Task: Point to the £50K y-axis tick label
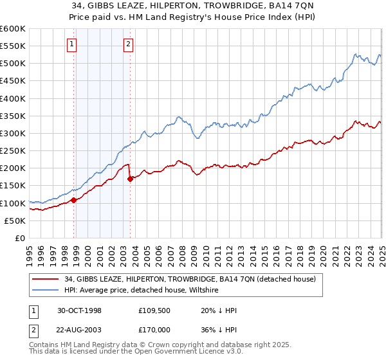14,221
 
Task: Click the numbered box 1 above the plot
71,44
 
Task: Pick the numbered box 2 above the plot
128,44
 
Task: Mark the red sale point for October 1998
74,200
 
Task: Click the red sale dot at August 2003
131,179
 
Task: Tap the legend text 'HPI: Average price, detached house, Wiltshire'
142,291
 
